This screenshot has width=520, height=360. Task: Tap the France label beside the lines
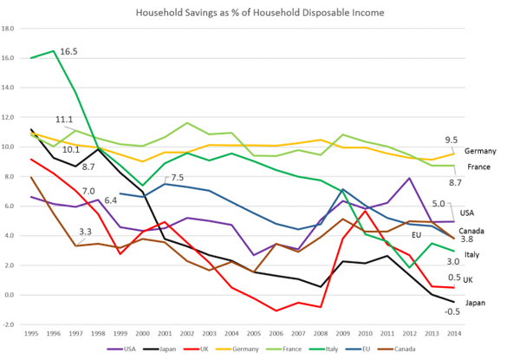(479, 167)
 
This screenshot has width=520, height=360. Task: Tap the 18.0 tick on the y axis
(9, 28)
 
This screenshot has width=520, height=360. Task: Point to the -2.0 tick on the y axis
(9, 324)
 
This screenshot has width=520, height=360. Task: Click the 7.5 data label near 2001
(177, 177)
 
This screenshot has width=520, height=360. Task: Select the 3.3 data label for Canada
(85, 232)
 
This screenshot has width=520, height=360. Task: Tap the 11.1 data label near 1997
(63, 120)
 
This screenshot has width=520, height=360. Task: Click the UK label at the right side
(467, 279)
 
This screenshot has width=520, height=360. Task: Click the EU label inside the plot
(416, 234)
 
